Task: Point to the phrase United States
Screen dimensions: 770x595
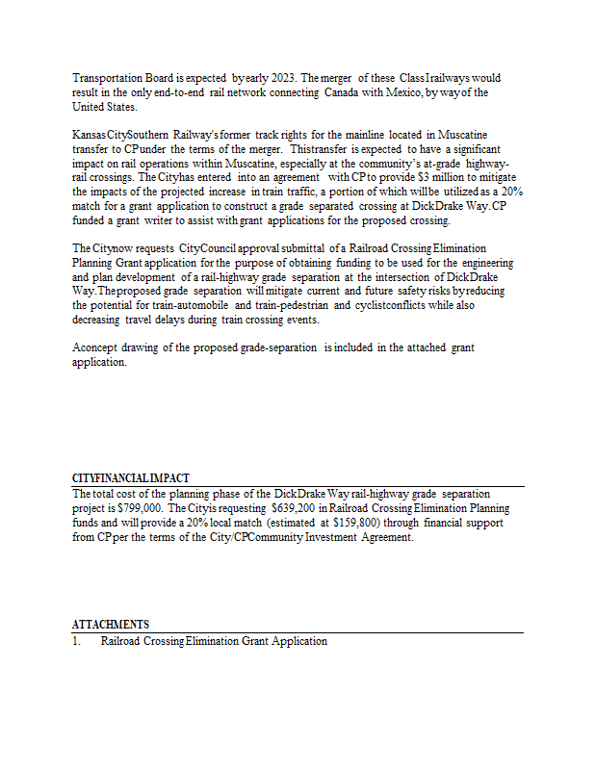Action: click(104, 107)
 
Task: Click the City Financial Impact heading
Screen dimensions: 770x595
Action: click(131, 478)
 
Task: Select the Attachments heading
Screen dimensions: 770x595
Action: click(111, 625)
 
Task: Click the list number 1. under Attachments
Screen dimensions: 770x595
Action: click(77, 641)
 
